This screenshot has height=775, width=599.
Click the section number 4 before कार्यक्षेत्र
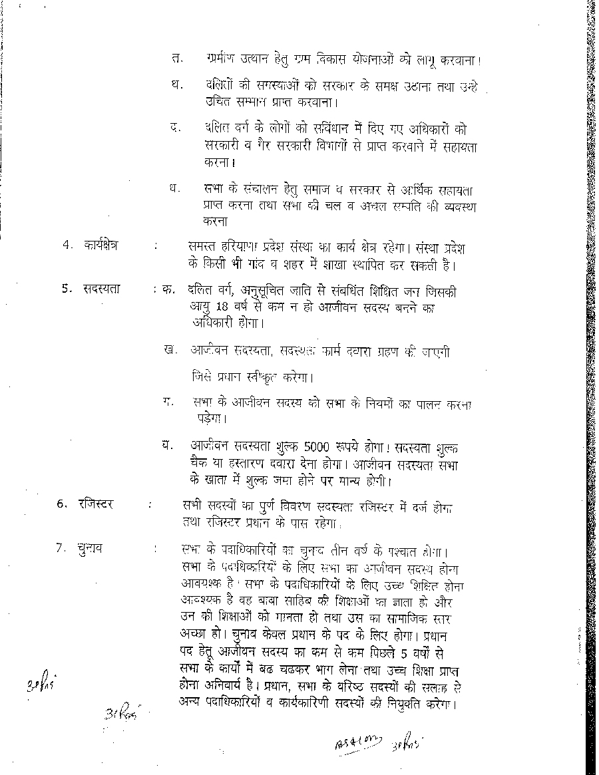click(67, 245)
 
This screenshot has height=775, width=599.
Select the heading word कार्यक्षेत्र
click(100, 245)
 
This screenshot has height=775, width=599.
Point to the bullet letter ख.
click(169, 350)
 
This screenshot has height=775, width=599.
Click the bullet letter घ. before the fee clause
click(167, 445)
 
